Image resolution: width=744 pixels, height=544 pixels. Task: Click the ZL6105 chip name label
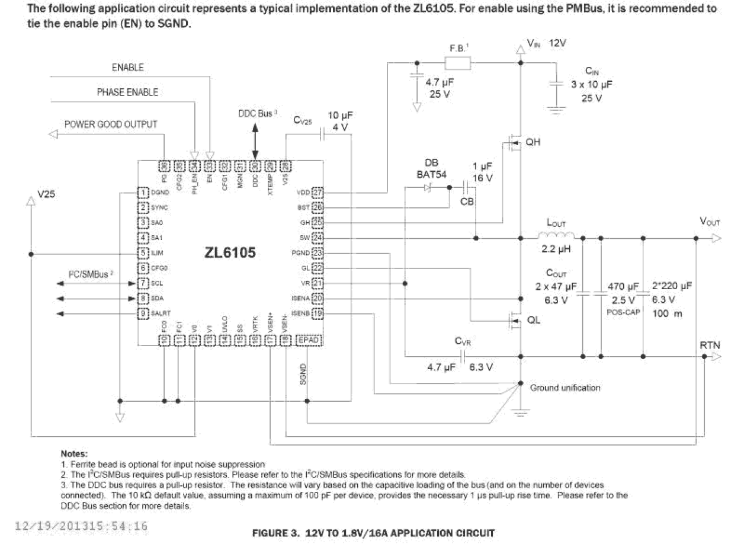[230, 253]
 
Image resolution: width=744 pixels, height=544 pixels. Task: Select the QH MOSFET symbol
[513, 143]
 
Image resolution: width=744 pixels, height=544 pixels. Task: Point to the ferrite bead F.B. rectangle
[457, 62]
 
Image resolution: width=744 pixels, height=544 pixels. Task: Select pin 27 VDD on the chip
[318, 192]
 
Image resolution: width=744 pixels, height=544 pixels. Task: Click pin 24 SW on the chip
[318, 238]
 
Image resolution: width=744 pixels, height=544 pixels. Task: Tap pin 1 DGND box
[143, 192]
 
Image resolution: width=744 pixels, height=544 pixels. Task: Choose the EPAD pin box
[308, 340]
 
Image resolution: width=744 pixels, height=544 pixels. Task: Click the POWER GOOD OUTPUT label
[111, 124]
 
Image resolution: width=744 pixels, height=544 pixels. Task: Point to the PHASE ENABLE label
[127, 92]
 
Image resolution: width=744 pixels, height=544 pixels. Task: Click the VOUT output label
[710, 221]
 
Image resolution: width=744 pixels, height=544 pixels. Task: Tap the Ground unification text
[565, 388]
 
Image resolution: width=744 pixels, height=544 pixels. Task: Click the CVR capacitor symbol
[463, 356]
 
